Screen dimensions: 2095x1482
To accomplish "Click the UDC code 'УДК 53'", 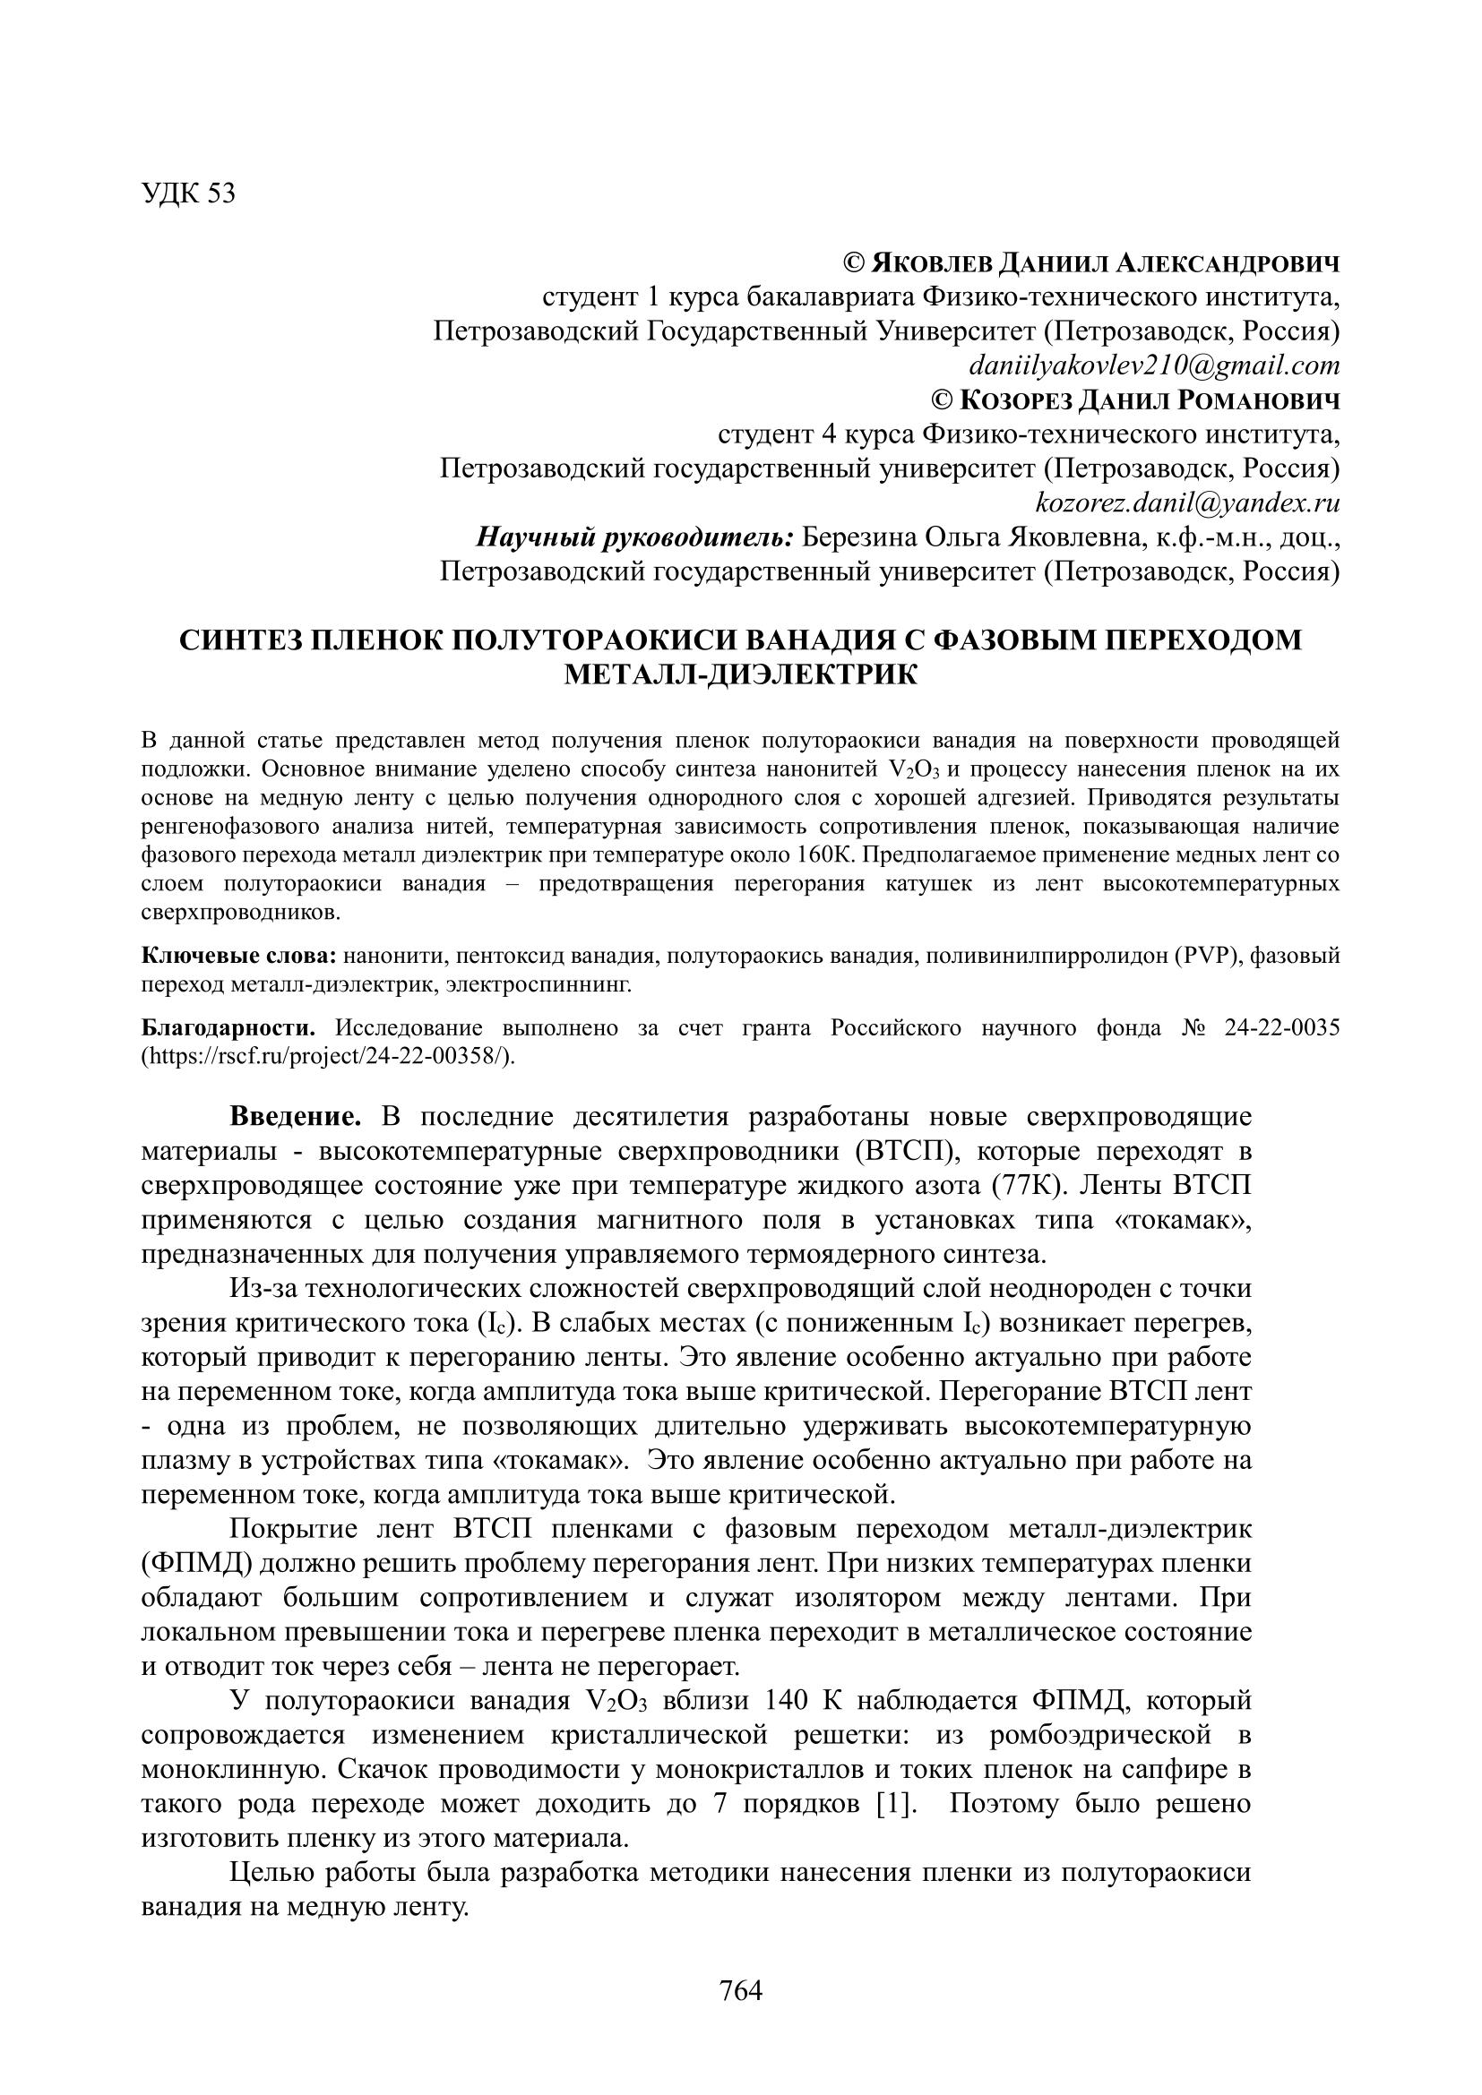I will pos(188,193).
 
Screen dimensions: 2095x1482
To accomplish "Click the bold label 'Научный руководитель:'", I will pos(635,537).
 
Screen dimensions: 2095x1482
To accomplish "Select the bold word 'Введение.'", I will pos(296,1116).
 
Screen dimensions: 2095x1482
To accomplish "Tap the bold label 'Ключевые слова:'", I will pos(239,956).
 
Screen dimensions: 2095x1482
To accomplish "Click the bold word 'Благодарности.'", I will pos(228,1027).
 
